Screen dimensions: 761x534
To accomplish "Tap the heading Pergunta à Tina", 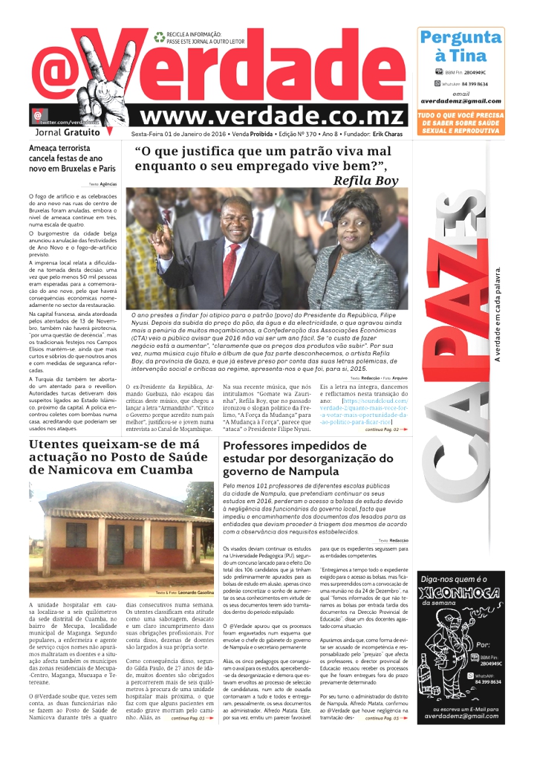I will coord(460,46).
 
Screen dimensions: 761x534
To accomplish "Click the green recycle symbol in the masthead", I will coord(159,36).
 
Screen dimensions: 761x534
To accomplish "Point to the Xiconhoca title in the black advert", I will coord(459,592).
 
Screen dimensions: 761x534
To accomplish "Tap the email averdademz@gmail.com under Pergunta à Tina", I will coord(460,100).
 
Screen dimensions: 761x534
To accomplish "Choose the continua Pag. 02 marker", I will coord(383,429).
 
